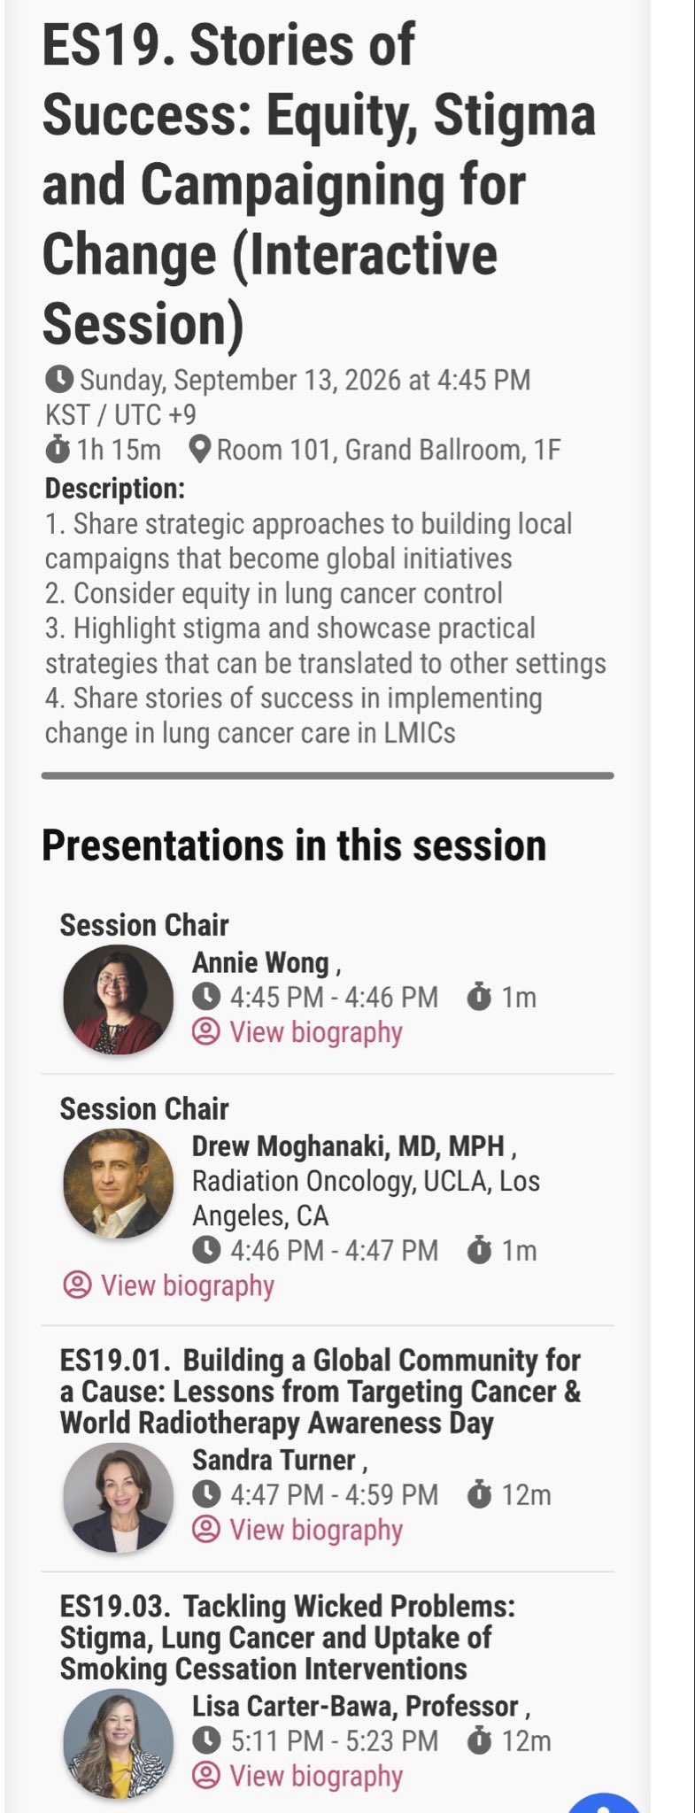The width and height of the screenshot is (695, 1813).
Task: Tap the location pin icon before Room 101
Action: pos(200,450)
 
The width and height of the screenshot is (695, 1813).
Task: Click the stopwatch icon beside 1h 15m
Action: pos(58,449)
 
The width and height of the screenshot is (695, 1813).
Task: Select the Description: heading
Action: pos(115,488)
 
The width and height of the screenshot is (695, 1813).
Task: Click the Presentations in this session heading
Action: pos(294,845)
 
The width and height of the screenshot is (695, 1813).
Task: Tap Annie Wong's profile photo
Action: pos(118,999)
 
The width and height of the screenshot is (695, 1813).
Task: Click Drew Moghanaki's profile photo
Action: pos(118,1183)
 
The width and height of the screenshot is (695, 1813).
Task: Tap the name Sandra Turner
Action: pos(274,1460)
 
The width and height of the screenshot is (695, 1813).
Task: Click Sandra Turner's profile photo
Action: pos(118,1498)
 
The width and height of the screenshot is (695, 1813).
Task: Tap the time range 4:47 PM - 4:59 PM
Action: pos(334,1495)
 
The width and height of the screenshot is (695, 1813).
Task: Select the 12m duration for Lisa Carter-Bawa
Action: pos(526,1741)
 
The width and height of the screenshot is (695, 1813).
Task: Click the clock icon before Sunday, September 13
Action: pos(58,380)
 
